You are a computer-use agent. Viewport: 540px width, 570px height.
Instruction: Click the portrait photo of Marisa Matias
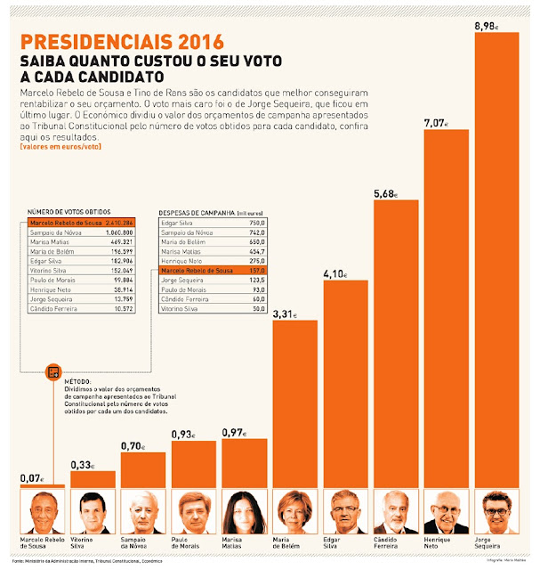pyautogui.click(x=244, y=512)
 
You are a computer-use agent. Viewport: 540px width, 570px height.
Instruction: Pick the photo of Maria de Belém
pyautogui.click(x=294, y=512)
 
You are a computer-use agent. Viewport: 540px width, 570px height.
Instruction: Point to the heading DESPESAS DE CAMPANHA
pyautogui.click(x=197, y=213)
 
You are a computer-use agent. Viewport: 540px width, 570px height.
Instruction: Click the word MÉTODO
pyautogui.click(x=77, y=380)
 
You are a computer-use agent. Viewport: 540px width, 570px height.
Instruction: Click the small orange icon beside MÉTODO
pyautogui.click(x=53, y=370)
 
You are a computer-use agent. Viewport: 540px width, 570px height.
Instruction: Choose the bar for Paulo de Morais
pyautogui.click(x=193, y=463)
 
